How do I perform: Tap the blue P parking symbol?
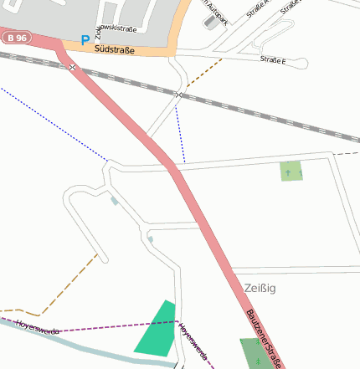pyautogui.click(x=84, y=39)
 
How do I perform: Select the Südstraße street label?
pyautogui.click(x=116, y=50)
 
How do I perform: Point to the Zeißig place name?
pyautogui.click(x=260, y=288)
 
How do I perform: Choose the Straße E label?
pyautogui.click(x=272, y=60)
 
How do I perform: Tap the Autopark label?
pyautogui.click(x=215, y=6)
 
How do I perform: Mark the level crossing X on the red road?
pyautogui.click(x=73, y=66)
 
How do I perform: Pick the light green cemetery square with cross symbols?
pyautogui.click(x=291, y=171)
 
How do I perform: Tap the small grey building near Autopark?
pyautogui.click(x=208, y=21)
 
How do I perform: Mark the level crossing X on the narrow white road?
pyautogui.click(x=178, y=95)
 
